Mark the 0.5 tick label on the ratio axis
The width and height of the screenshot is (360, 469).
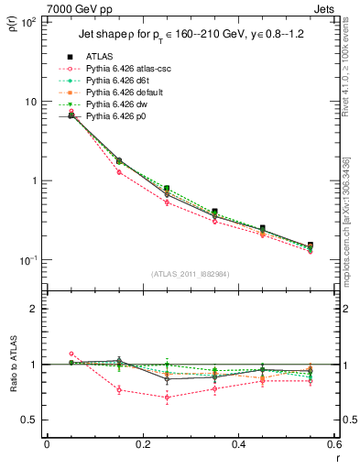(28, 420)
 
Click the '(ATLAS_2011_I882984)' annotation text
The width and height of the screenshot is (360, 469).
(190, 272)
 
